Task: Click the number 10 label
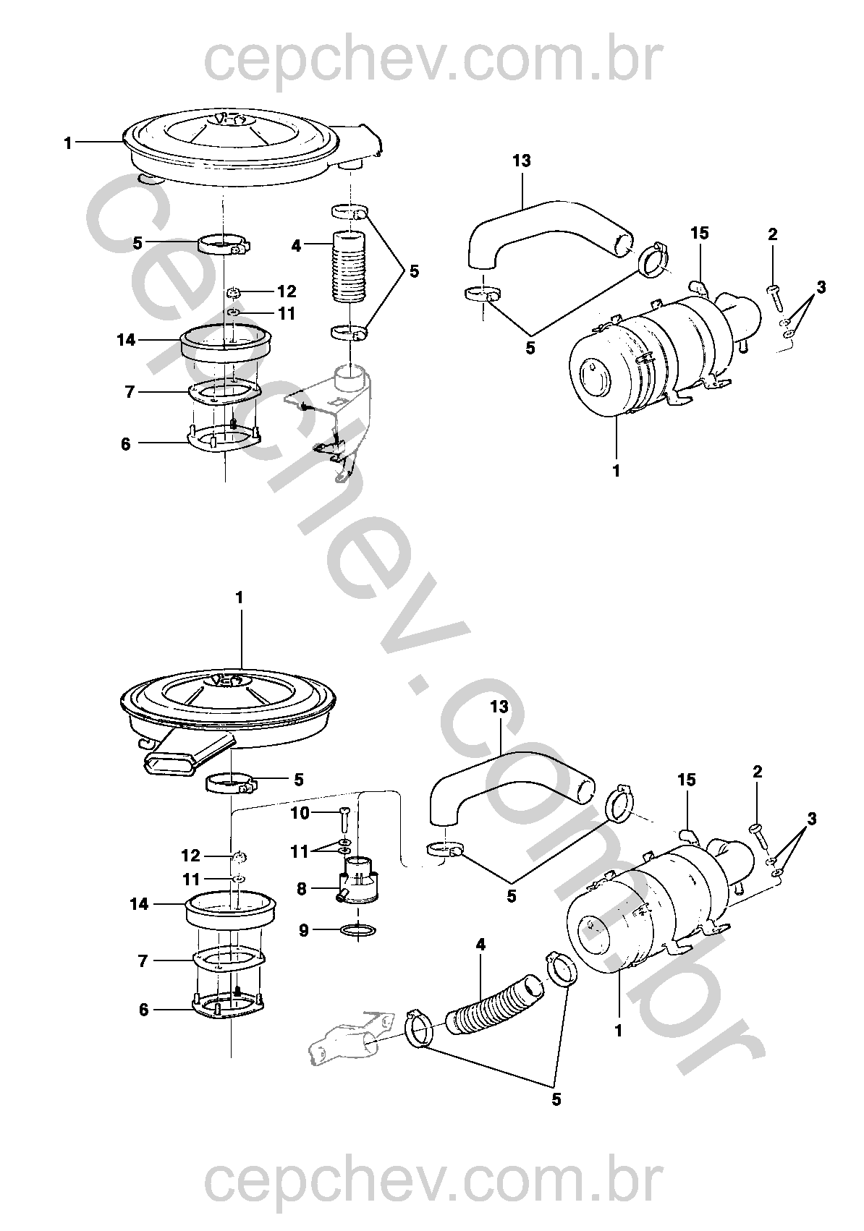point(300,813)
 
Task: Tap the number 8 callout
point(301,889)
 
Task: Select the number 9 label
point(304,930)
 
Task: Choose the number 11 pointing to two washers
point(299,851)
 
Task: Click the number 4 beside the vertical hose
point(297,246)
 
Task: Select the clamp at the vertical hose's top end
point(350,211)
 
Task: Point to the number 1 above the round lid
point(239,598)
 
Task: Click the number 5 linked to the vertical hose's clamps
point(414,271)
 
